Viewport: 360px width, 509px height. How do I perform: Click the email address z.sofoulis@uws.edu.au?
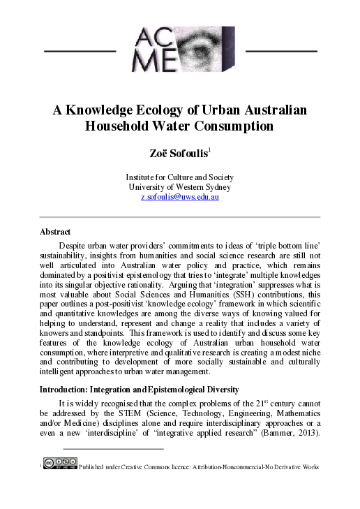(180, 198)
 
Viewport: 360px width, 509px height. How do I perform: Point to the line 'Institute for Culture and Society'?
(180, 177)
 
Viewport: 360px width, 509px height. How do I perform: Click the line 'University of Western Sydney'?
(180, 187)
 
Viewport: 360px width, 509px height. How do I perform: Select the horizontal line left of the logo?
(79, 51)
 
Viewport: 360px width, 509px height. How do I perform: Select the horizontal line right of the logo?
(282, 51)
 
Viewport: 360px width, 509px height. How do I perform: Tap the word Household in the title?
(125, 126)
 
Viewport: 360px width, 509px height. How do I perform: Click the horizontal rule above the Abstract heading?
(180, 216)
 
